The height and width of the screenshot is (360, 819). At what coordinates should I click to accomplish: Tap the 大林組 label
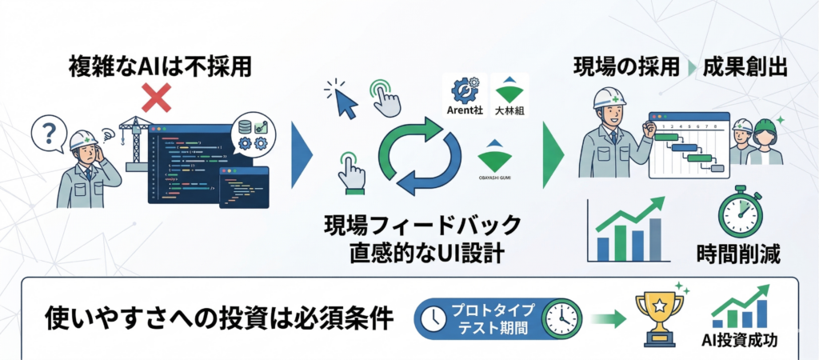click(509, 110)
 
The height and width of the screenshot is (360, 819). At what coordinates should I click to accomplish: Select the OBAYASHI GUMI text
click(494, 178)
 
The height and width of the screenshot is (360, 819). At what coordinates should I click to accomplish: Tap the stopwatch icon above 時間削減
click(740, 210)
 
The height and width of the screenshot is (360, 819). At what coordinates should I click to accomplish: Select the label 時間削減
click(738, 254)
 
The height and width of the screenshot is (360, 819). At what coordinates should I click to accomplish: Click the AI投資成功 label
click(740, 341)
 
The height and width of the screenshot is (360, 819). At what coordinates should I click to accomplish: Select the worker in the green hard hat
click(765, 142)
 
